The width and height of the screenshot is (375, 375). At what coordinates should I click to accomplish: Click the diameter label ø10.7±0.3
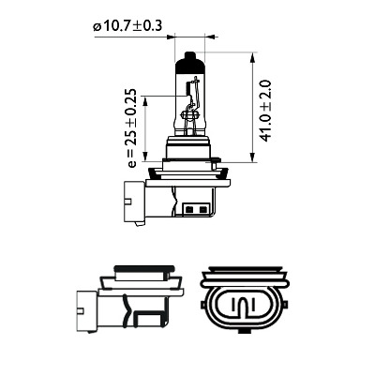click(127, 26)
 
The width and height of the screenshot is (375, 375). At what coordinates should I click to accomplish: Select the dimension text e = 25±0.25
click(132, 128)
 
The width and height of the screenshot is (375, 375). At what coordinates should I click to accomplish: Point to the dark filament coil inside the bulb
click(188, 88)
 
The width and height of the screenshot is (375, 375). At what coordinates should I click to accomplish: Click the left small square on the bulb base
click(188, 209)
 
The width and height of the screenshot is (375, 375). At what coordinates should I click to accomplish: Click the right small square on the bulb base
click(203, 209)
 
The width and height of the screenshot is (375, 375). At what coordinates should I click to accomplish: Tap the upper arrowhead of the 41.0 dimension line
click(252, 57)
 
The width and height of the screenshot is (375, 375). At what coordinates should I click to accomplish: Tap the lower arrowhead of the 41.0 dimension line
click(252, 157)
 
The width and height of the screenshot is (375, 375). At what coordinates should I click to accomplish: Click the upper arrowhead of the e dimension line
click(144, 100)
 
